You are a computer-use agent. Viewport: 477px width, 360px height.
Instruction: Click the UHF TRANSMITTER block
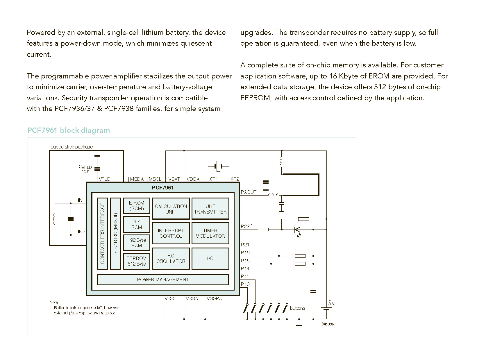(x=210, y=208)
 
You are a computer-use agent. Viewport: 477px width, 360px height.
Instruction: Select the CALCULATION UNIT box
(x=171, y=208)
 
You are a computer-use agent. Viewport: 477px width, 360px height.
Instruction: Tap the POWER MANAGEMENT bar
(x=163, y=280)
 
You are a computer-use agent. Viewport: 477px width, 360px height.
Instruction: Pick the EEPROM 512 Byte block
(x=136, y=261)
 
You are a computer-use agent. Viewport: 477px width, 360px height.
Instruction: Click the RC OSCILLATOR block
(x=171, y=258)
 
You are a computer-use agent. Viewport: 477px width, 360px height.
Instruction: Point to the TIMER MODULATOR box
(x=210, y=233)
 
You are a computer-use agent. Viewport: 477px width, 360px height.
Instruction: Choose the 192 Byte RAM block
(x=136, y=243)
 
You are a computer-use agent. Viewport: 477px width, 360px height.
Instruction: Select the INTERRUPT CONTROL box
(x=171, y=233)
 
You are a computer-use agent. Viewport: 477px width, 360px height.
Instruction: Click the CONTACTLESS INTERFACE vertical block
(x=102, y=233)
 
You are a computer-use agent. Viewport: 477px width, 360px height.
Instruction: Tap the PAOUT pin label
(x=249, y=192)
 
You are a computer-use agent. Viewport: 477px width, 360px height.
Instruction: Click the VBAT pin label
(x=174, y=179)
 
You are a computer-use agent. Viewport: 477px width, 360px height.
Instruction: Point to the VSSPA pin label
(x=214, y=299)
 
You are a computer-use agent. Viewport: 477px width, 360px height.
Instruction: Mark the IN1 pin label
(x=81, y=200)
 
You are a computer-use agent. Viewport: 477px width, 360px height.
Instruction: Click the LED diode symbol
(x=297, y=231)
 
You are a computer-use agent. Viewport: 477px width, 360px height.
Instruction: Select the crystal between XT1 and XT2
(x=218, y=166)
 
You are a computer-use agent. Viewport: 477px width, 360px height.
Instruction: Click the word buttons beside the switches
(x=297, y=308)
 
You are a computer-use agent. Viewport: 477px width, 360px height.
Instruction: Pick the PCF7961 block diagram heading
(x=69, y=130)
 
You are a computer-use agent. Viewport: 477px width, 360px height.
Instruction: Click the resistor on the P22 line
(x=263, y=230)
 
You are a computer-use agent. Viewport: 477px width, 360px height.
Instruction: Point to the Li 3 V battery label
(x=331, y=302)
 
